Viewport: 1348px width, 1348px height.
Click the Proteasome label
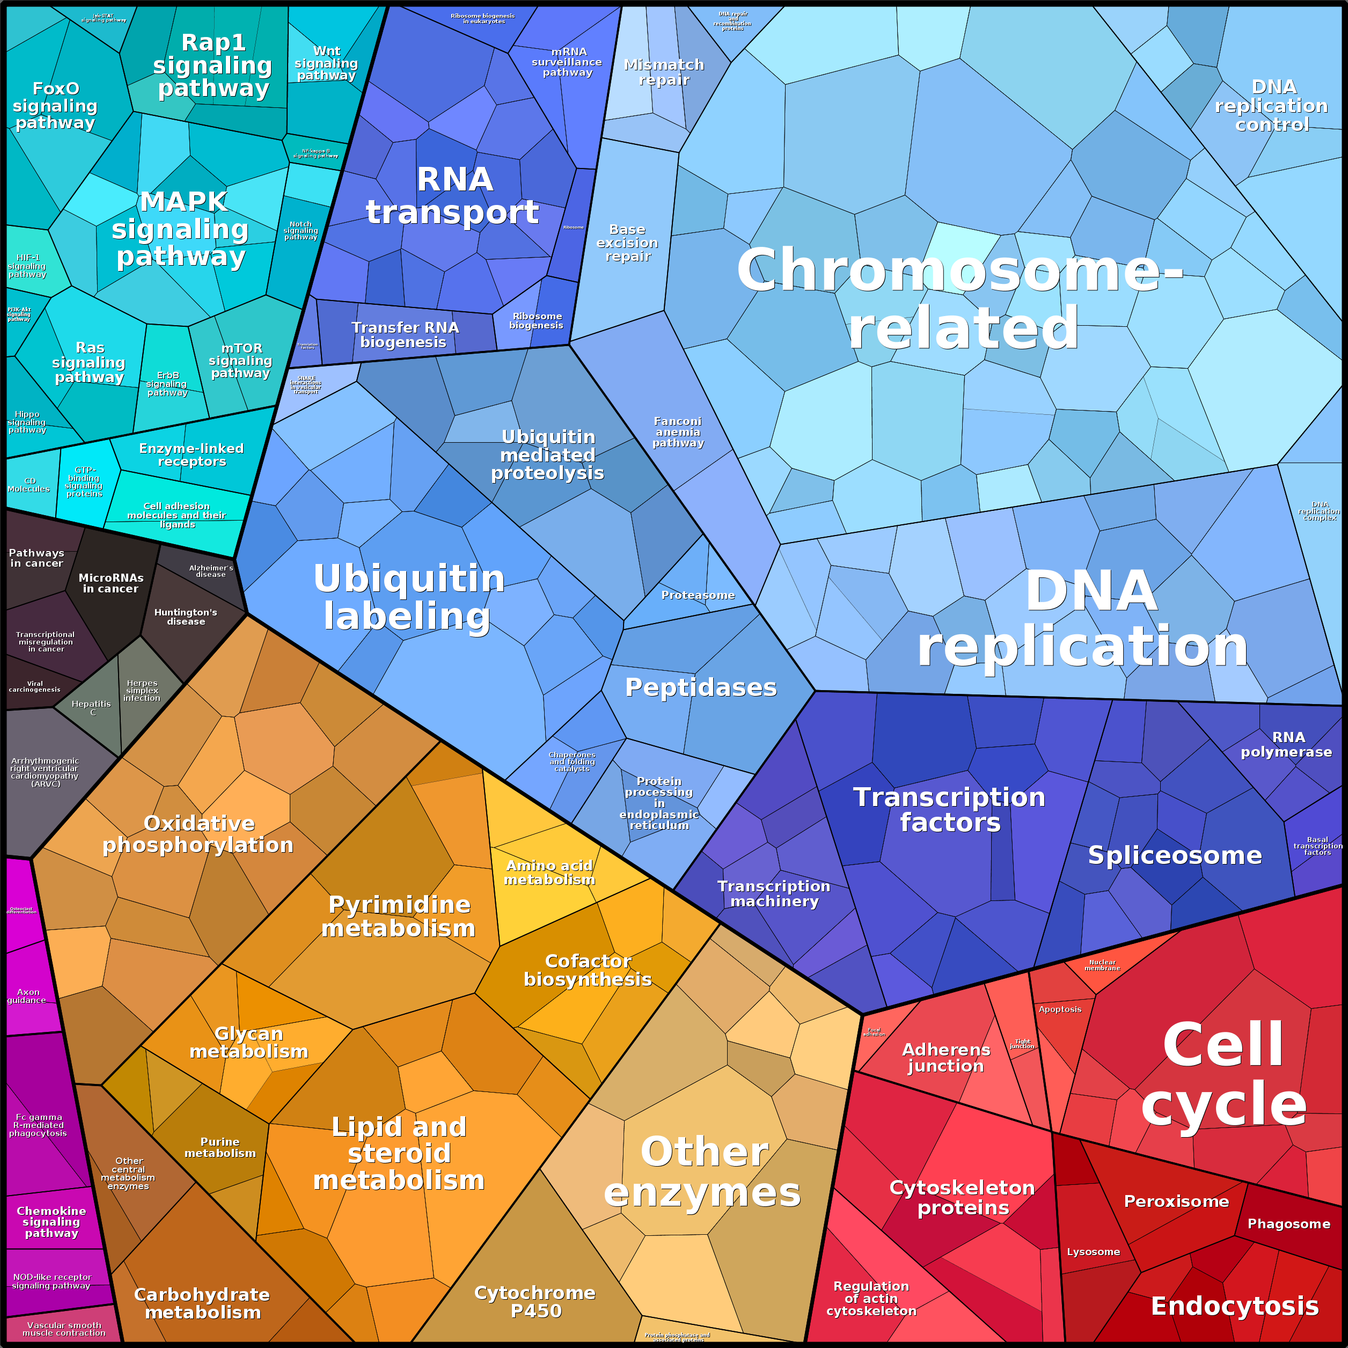coord(698,595)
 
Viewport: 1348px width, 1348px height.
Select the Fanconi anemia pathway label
coord(678,432)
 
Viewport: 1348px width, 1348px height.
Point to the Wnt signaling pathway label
coord(326,63)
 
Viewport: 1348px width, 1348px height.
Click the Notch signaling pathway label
coord(301,231)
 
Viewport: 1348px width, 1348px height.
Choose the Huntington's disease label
coord(186,617)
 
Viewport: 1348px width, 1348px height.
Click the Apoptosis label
coord(1060,1009)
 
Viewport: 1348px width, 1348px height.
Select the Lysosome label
coord(1093,1252)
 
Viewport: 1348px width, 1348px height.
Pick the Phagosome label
coord(1288,1224)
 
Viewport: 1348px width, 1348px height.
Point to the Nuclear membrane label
coord(1102,965)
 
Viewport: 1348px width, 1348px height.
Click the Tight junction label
coord(1022,1044)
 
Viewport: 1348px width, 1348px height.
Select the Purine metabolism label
coord(220,1148)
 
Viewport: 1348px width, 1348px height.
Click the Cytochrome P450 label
coord(535,1302)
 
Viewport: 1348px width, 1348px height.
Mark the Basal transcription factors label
coord(1317,846)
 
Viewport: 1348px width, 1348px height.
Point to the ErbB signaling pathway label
coord(167,384)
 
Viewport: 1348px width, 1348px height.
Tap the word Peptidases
coord(700,687)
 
